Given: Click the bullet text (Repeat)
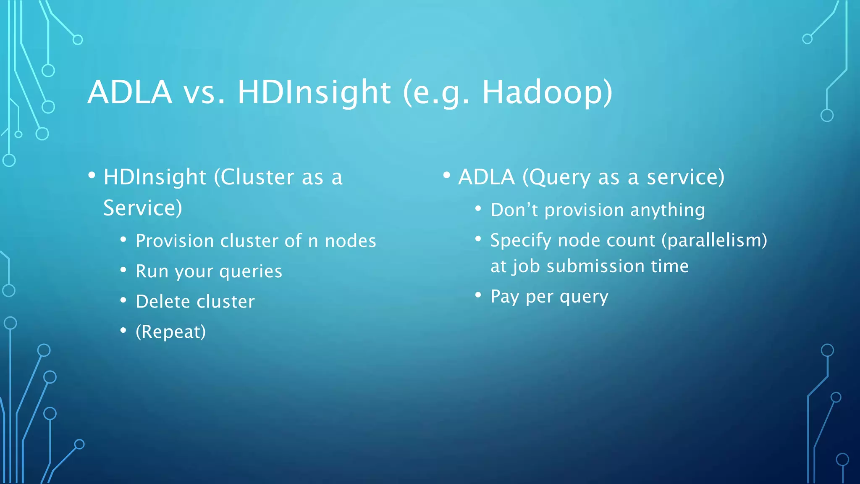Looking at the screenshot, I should [x=170, y=332].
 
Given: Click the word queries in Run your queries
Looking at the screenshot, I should [x=251, y=272].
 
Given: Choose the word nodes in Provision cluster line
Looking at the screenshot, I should [x=350, y=241].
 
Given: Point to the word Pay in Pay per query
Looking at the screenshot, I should [x=505, y=297].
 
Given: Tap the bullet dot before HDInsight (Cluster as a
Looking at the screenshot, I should [x=92, y=175].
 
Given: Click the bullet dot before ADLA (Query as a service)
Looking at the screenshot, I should [x=446, y=175].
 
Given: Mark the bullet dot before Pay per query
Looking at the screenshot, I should [x=478, y=295].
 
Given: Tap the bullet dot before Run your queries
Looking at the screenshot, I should [x=123, y=270].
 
